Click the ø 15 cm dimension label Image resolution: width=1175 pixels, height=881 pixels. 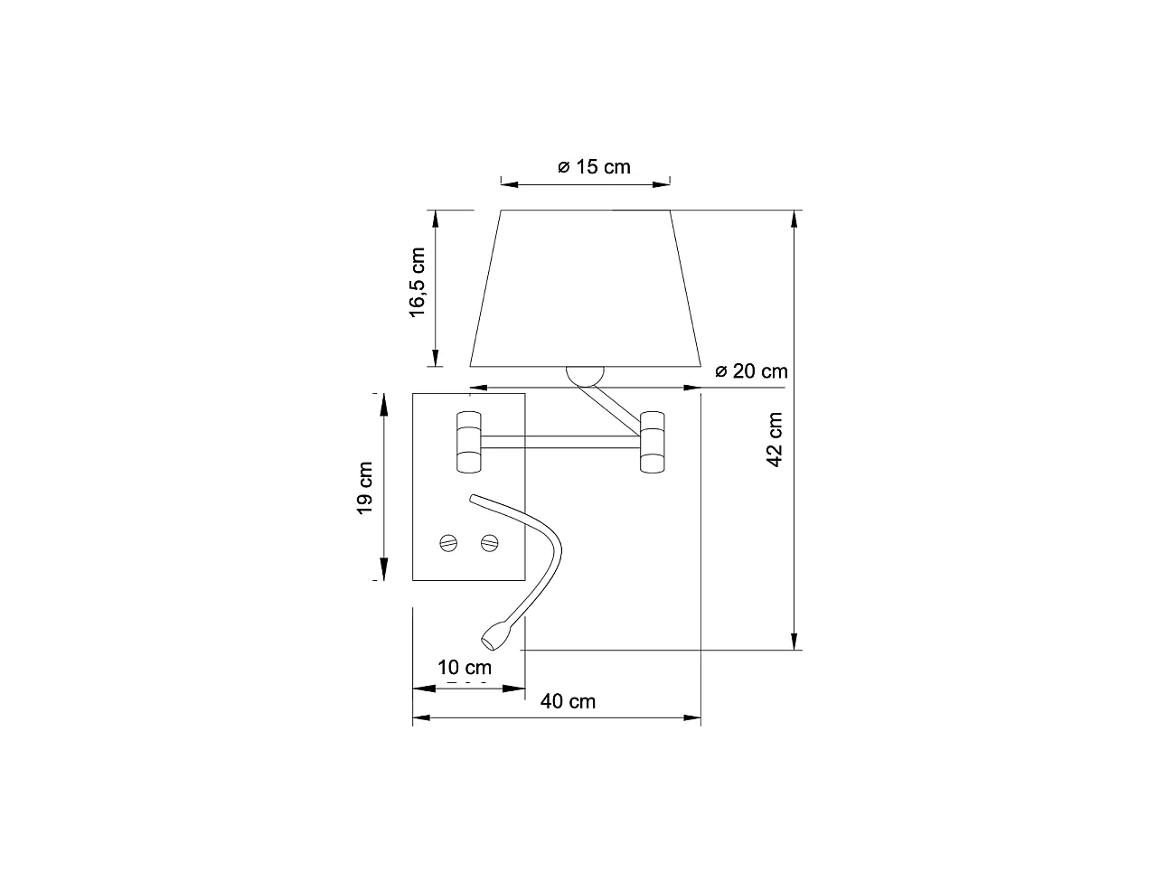click(594, 167)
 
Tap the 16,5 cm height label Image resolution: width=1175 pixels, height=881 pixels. click(417, 283)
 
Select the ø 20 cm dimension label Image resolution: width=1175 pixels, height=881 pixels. click(752, 371)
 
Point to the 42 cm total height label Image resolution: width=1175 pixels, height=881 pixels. click(775, 440)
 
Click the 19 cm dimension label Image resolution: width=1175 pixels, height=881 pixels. click(364, 488)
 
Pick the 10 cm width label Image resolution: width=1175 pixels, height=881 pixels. click(464, 668)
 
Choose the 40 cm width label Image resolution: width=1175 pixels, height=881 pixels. click(568, 701)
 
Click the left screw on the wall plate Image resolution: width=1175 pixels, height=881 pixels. click(448, 543)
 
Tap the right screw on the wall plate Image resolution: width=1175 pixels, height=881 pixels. click(490, 543)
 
